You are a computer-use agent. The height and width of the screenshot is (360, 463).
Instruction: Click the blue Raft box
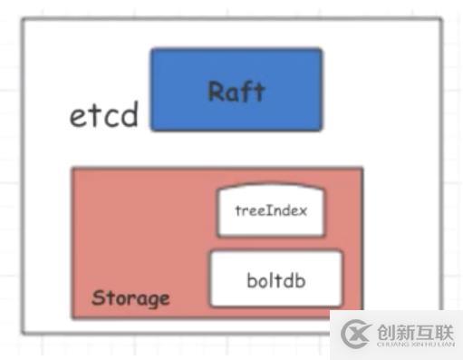pyautogui.click(x=236, y=89)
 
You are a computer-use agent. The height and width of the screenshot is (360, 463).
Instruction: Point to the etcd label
pyautogui.click(x=104, y=115)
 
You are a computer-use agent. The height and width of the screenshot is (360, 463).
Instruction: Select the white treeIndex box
pyautogui.click(x=270, y=211)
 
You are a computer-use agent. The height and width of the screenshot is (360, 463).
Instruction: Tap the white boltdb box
pyautogui.click(x=276, y=279)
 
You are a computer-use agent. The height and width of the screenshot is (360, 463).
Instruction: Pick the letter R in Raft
pyautogui.click(x=216, y=92)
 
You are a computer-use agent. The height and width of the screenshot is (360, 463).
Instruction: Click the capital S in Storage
pyautogui.click(x=97, y=298)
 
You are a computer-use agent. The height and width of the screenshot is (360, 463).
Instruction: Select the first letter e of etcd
pyautogui.click(x=79, y=117)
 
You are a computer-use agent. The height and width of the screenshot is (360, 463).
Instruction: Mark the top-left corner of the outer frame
pyautogui.click(x=24, y=18)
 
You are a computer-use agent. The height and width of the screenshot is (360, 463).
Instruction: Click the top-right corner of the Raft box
pyautogui.click(x=322, y=50)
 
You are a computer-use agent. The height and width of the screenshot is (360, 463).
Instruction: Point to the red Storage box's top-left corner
pyautogui.click(x=73, y=168)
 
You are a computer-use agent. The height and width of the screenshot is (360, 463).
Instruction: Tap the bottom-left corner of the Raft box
pyautogui.click(x=151, y=130)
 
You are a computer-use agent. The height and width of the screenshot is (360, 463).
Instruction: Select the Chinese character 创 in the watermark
pyautogui.click(x=383, y=331)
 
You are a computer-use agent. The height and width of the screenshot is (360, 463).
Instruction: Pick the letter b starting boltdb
pyautogui.click(x=251, y=279)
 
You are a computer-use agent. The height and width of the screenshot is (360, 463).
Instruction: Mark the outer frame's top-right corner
pyautogui.click(x=443, y=18)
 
